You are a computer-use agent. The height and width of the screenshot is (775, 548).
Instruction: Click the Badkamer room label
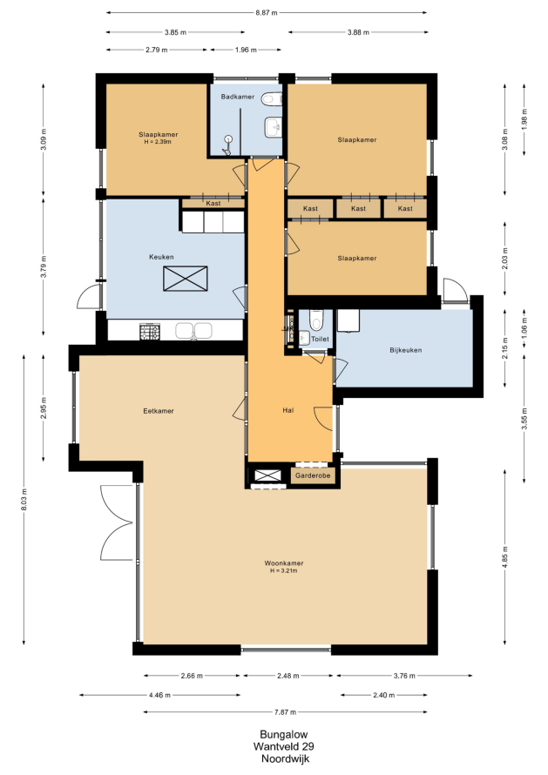pyautogui.click(x=237, y=97)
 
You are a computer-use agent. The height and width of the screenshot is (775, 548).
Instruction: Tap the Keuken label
pyautogui.click(x=161, y=257)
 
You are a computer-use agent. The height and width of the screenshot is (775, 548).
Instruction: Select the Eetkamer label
pyautogui.click(x=159, y=411)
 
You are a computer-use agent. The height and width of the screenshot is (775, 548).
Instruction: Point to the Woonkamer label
pyautogui.click(x=283, y=563)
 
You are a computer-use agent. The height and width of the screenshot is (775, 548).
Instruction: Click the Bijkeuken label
pyautogui.click(x=406, y=350)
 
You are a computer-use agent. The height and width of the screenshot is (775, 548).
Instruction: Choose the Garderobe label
pyautogui.click(x=313, y=475)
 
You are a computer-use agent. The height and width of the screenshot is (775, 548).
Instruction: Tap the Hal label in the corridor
pyautogui.click(x=288, y=410)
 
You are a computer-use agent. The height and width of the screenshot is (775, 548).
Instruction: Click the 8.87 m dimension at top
pyautogui.click(x=266, y=13)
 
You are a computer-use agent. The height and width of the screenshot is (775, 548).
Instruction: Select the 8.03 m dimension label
pyautogui.click(x=24, y=500)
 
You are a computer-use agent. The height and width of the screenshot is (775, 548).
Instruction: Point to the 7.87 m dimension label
pyautogui.click(x=286, y=712)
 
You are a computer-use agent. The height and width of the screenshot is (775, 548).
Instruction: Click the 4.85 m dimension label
pyautogui.click(x=505, y=557)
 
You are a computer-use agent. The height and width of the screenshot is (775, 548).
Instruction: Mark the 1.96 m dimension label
pyautogui.click(x=246, y=50)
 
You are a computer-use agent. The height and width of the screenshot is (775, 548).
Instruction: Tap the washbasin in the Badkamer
pyautogui.click(x=273, y=127)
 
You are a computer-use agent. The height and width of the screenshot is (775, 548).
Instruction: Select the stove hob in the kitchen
pyautogui.click(x=150, y=331)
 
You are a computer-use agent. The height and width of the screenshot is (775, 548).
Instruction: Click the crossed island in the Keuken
pyautogui.click(x=186, y=279)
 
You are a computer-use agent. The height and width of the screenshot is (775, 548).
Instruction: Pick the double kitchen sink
pyautogui.click(x=194, y=331)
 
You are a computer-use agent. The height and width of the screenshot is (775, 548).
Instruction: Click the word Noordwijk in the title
pyautogui.click(x=284, y=758)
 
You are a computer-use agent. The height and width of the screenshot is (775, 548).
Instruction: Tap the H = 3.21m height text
pyautogui.click(x=283, y=571)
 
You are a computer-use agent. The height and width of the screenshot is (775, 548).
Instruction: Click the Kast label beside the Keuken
pyautogui.click(x=213, y=204)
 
